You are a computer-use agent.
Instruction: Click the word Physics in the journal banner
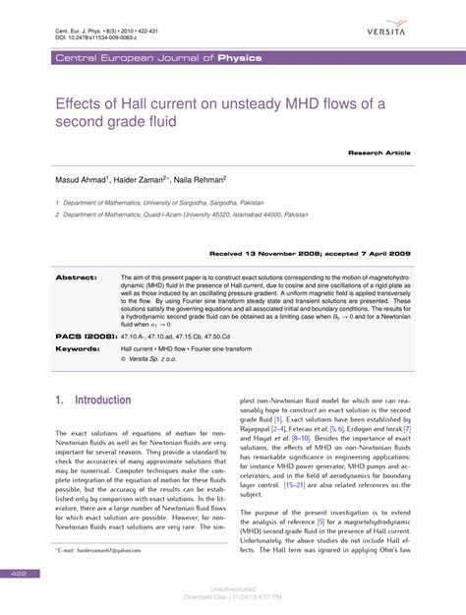pyautogui.click(x=240, y=59)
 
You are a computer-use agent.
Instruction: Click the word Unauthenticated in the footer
pyautogui.click(x=233, y=588)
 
